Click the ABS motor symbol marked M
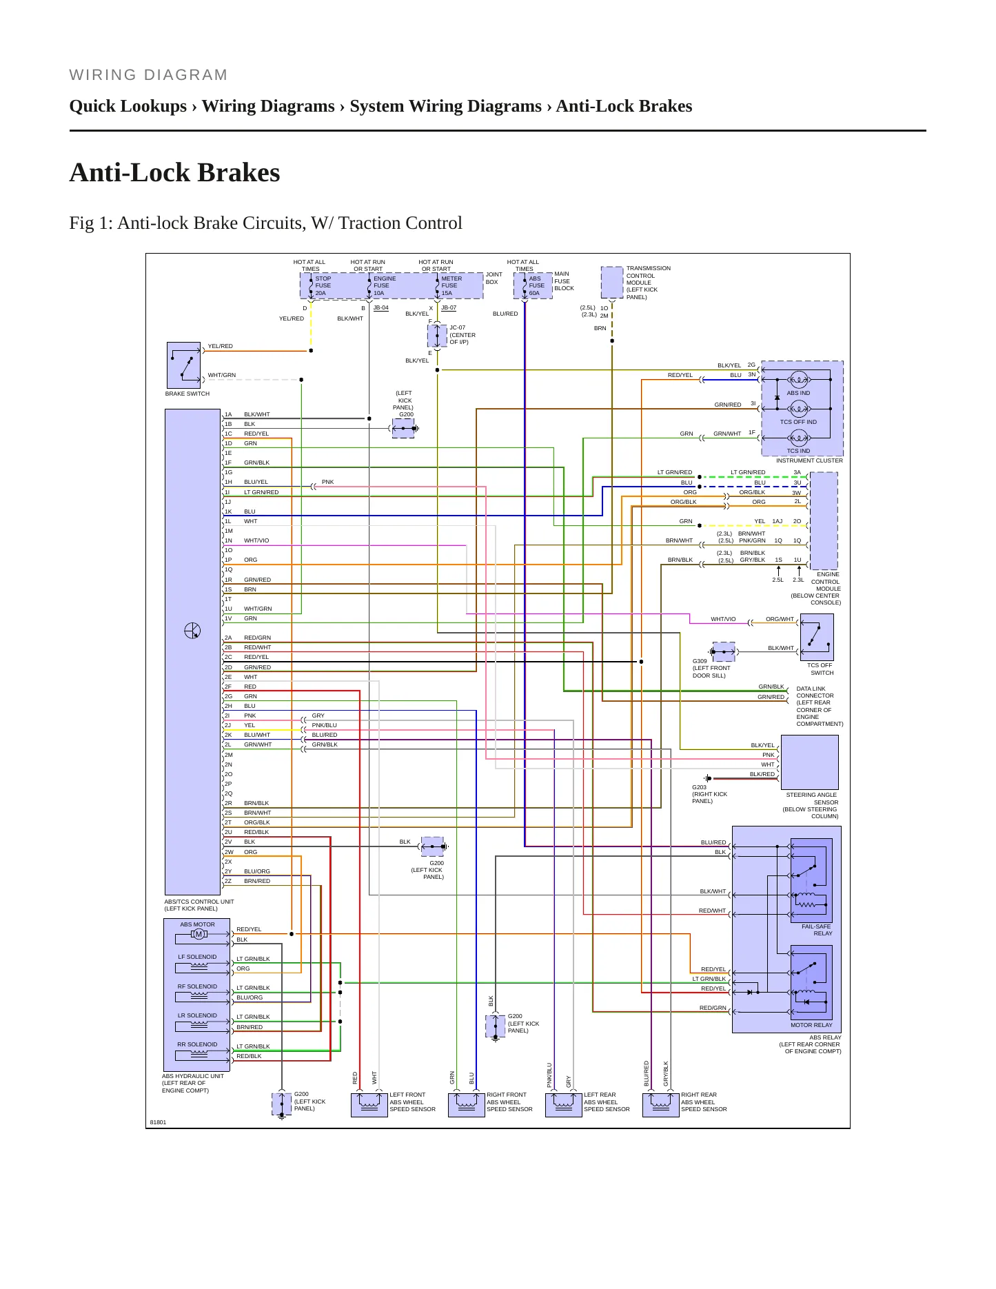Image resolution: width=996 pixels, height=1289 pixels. [x=199, y=935]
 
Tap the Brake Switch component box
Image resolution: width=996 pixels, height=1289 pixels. [x=183, y=365]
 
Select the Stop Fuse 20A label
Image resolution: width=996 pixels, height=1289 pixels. [x=323, y=286]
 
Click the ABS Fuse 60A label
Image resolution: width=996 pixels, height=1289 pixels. [x=536, y=286]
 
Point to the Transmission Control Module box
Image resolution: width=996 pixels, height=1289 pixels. [x=612, y=282]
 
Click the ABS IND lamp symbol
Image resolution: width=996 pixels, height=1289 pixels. [x=799, y=380]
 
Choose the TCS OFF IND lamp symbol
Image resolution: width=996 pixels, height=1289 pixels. [x=799, y=409]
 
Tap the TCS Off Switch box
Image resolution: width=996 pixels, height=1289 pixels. [x=817, y=638]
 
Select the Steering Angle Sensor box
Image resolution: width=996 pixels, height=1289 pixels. [x=810, y=762]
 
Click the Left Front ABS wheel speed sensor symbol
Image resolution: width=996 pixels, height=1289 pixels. [x=369, y=1104]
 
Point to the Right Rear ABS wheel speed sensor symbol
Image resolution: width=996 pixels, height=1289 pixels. [x=661, y=1104]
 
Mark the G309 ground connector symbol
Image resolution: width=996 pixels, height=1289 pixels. [x=723, y=651]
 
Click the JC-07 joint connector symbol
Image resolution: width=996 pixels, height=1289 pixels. [x=437, y=336]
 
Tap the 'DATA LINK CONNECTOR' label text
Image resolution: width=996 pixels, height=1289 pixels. [x=815, y=692]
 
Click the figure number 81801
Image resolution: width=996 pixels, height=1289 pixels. [x=159, y=1122]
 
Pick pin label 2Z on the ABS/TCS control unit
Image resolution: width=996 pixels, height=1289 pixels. [x=228, y=881]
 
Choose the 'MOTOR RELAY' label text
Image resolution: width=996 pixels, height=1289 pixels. [x=811, y=1025]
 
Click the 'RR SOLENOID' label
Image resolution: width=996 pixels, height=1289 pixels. [x=197, y=1044]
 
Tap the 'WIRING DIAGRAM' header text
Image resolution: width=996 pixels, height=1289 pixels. [x=148, y=75]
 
